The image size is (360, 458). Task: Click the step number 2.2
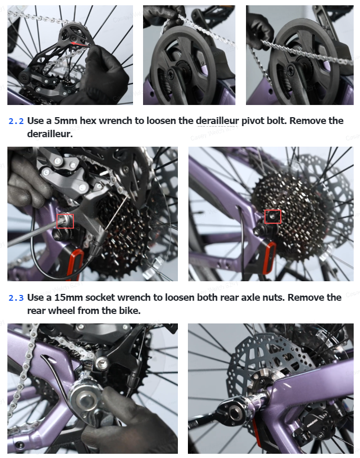coord(16,121)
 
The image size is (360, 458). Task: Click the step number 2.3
coord(16,298)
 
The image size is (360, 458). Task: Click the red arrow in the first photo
coord(80,44)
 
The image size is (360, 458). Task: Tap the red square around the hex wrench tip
coord(65,221)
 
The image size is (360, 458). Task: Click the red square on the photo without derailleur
coord(273,217)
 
